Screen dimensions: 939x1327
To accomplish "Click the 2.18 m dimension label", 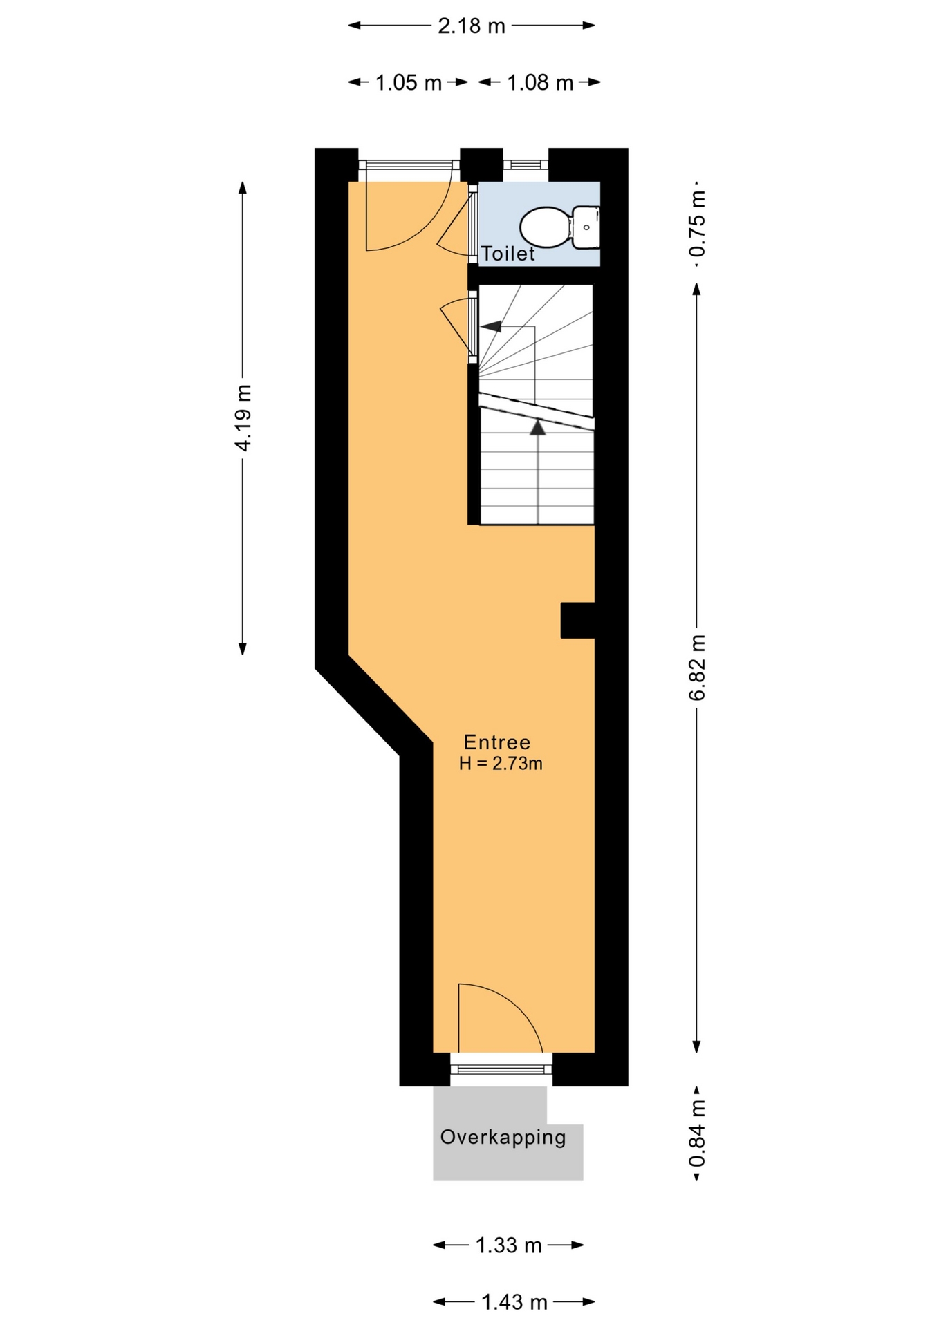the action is [472, 26].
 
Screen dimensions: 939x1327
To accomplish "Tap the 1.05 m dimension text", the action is [408, 83].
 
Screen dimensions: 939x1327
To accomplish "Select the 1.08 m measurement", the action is [540, 83].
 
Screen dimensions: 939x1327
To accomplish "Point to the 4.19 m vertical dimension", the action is [243, 417].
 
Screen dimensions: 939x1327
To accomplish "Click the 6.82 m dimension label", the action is [697, 668].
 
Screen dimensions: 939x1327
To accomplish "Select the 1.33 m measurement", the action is [508, 1245].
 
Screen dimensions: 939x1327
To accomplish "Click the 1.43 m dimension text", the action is [514, 1303].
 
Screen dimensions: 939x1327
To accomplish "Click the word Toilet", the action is [508, 254].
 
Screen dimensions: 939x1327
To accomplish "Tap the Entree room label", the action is [497, 742].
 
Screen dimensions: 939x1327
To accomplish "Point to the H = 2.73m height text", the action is [501, 764].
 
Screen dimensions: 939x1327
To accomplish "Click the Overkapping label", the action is [503, 1137].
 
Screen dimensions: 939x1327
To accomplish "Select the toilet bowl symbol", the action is [546, 227].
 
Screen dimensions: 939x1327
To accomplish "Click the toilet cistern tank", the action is [586, 227].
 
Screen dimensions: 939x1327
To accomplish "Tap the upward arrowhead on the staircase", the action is [538, 427].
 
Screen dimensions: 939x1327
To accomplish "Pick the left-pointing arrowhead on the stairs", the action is [492, 326].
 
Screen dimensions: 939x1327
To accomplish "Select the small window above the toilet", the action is [526, 164].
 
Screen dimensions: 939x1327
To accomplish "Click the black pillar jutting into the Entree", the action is [578, 620].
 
